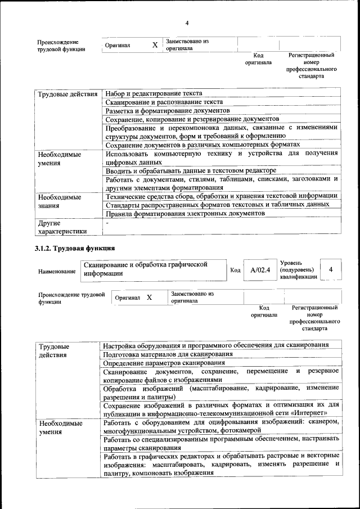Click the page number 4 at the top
(x=186, y=22)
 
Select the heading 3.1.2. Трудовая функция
(x=75, y=247)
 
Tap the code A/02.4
(x=260, y=270)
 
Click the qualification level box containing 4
(x=331, y=269)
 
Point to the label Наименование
(x=57, y=271)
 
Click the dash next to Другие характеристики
(x=107, y=223)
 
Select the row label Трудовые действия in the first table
(x=67, y=94)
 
